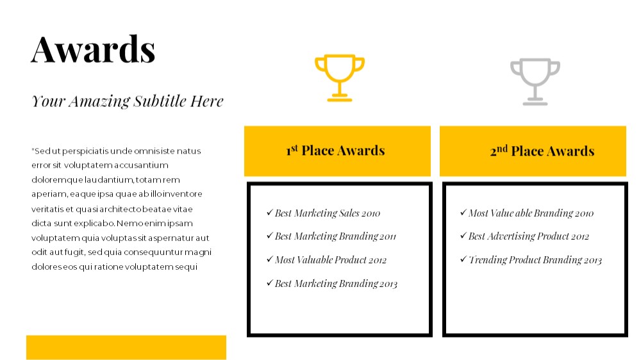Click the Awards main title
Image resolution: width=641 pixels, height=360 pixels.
tap(93, 49)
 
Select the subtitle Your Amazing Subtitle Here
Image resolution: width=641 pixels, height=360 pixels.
tap(128, 101)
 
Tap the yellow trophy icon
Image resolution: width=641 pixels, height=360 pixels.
tap(339, 78)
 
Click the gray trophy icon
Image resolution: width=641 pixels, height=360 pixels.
tap(535, 82)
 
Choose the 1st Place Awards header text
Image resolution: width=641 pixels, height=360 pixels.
tap(336, 151)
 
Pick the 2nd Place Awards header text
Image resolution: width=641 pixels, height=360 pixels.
tap(542, 151)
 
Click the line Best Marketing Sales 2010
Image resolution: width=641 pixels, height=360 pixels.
tap(328, 213)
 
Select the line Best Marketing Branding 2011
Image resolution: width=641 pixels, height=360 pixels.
tap(335, 236)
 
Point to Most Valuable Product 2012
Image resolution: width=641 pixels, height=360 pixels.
tap(331, 260)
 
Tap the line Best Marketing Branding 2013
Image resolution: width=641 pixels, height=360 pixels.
tap(336, 284)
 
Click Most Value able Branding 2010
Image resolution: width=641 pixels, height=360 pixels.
tap(531, 213)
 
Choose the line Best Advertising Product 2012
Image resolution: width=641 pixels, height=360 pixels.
tap(529, 236)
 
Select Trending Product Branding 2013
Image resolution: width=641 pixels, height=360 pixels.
tap(535, 260)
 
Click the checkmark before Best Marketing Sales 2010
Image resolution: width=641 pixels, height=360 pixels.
tap(269, 212)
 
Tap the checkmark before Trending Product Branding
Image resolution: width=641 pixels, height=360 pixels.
tap(463, 259)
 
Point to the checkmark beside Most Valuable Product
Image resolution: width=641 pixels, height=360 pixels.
tap(269, 259)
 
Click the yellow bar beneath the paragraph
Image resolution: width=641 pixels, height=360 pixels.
tap(126, 347)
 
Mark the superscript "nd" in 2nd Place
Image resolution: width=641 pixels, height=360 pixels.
tap(502, 149)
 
